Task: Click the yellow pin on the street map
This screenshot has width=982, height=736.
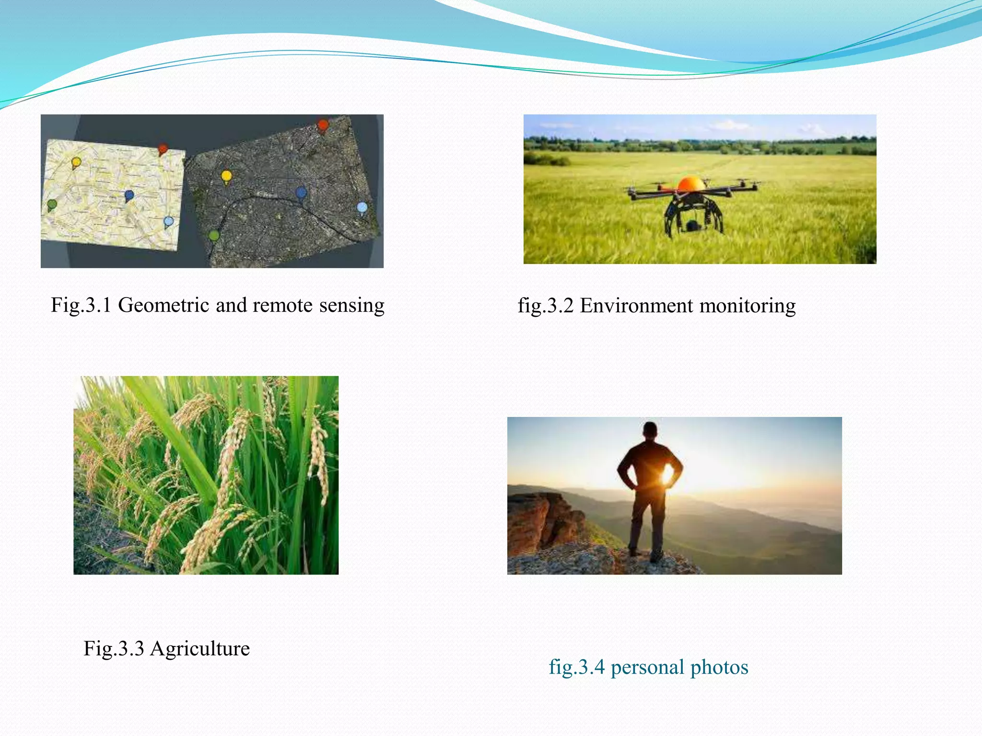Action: coord(76,162)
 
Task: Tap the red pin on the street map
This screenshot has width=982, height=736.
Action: coord(163,149)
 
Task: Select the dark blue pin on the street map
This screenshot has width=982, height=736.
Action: coord(129,195)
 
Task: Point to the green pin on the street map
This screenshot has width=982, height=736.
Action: coord(52,205)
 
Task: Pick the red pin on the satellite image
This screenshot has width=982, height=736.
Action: coord(323,126)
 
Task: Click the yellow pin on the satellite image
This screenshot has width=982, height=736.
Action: coord(226,176)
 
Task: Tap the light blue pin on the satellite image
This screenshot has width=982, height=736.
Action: coord(362,208)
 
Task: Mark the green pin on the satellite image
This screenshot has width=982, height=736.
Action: coord(214,236)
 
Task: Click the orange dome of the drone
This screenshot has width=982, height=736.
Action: coord(691,184)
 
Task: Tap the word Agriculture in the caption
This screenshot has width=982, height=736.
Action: coord(200,649)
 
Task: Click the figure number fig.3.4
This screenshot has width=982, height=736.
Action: coord(577,667)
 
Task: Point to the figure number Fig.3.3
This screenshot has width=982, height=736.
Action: coord(114,649)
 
